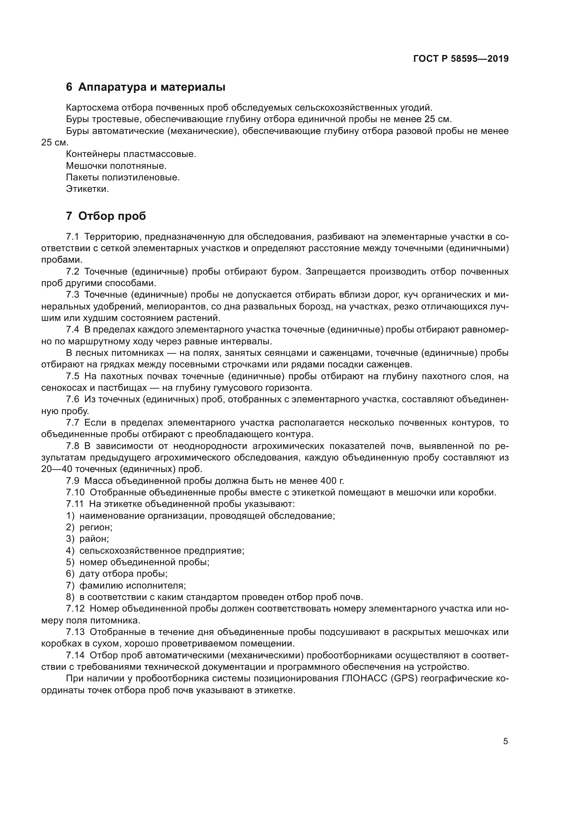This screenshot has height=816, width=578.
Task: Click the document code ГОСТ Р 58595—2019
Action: (x=461, y=59)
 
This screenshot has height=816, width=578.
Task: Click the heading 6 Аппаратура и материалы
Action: (x=146, y=87)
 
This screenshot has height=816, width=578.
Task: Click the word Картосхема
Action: (x=93, y=108)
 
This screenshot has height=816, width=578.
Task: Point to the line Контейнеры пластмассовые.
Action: (x=131, y=154)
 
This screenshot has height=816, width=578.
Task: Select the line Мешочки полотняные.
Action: (x=116, y=166)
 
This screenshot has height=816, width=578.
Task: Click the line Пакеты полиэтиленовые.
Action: (x=123, y=177)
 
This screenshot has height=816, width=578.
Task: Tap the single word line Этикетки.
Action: (x=87, y=189)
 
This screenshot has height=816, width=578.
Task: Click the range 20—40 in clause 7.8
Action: (x=57, y=469)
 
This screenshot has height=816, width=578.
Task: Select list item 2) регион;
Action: (x=89, y=527)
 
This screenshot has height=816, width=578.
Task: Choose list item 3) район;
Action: (x=88, y=539)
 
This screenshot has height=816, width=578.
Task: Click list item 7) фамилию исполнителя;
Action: (x=126, y=585)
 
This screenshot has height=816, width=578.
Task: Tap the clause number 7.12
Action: (x=75, y=609)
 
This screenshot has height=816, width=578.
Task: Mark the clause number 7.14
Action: (x=75, y=655)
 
